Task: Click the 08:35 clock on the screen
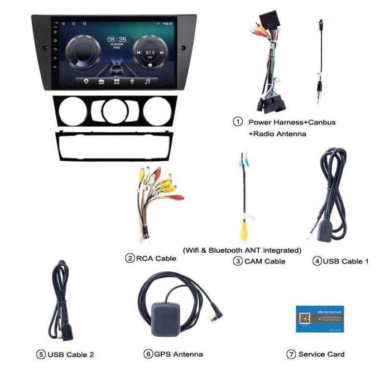pos(117,40)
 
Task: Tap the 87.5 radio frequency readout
pos(150,52)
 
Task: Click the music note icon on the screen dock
pos(147,81)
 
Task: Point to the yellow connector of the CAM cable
pos(244,229)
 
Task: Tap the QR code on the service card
pos(305,319)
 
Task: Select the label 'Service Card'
pos(321,354)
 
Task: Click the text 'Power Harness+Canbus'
pos(292,122)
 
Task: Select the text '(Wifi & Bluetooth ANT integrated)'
pos(242,250)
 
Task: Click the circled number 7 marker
pos(291,354)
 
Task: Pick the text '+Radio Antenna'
pos(277,134)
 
